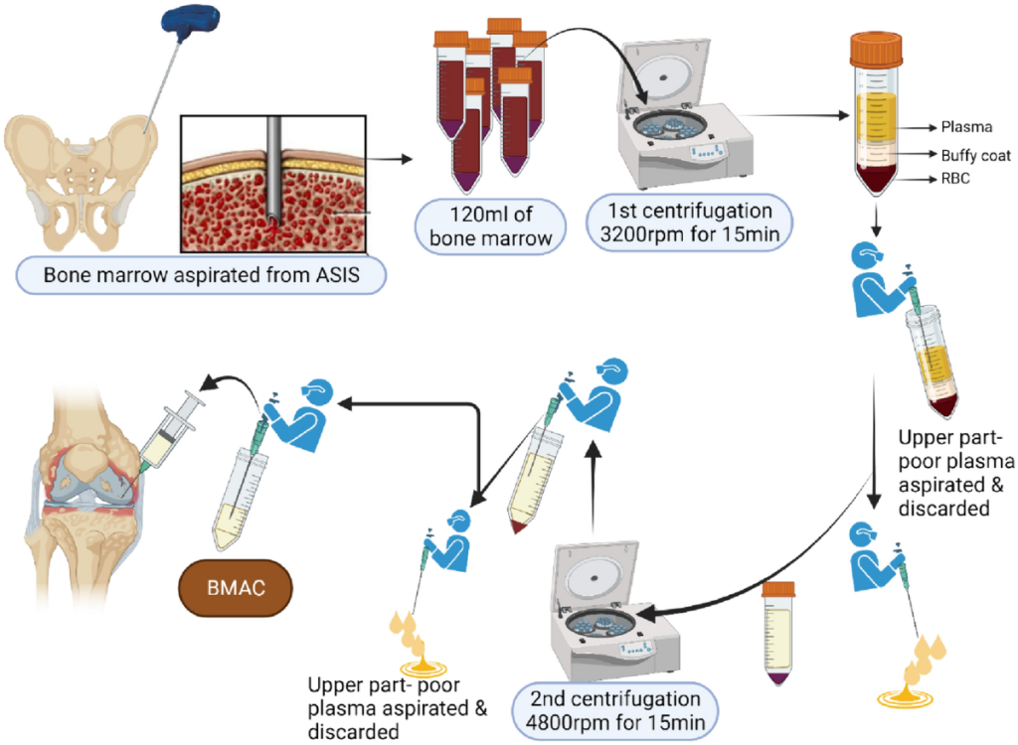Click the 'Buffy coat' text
click(975, 155)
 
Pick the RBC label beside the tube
click(954, 181)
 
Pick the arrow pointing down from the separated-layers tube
click(876, 222)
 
